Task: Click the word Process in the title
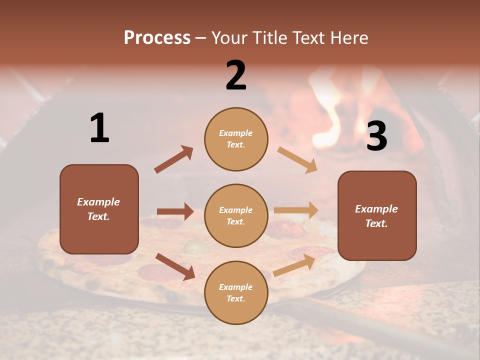coord(157,38)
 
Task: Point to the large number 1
coord(99,128)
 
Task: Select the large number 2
coord(236,75)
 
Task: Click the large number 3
coord(376,136)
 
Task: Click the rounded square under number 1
coord(99,209)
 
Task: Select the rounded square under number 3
coord(377,215)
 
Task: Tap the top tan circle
coord(236,139)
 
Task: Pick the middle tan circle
coord(236,215)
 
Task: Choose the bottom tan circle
coord(236,292)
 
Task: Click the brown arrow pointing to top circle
coord(173,159)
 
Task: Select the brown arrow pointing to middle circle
coord(175,211)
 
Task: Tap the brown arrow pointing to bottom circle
coord(175,266)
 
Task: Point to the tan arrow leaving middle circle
coord(296,210)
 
